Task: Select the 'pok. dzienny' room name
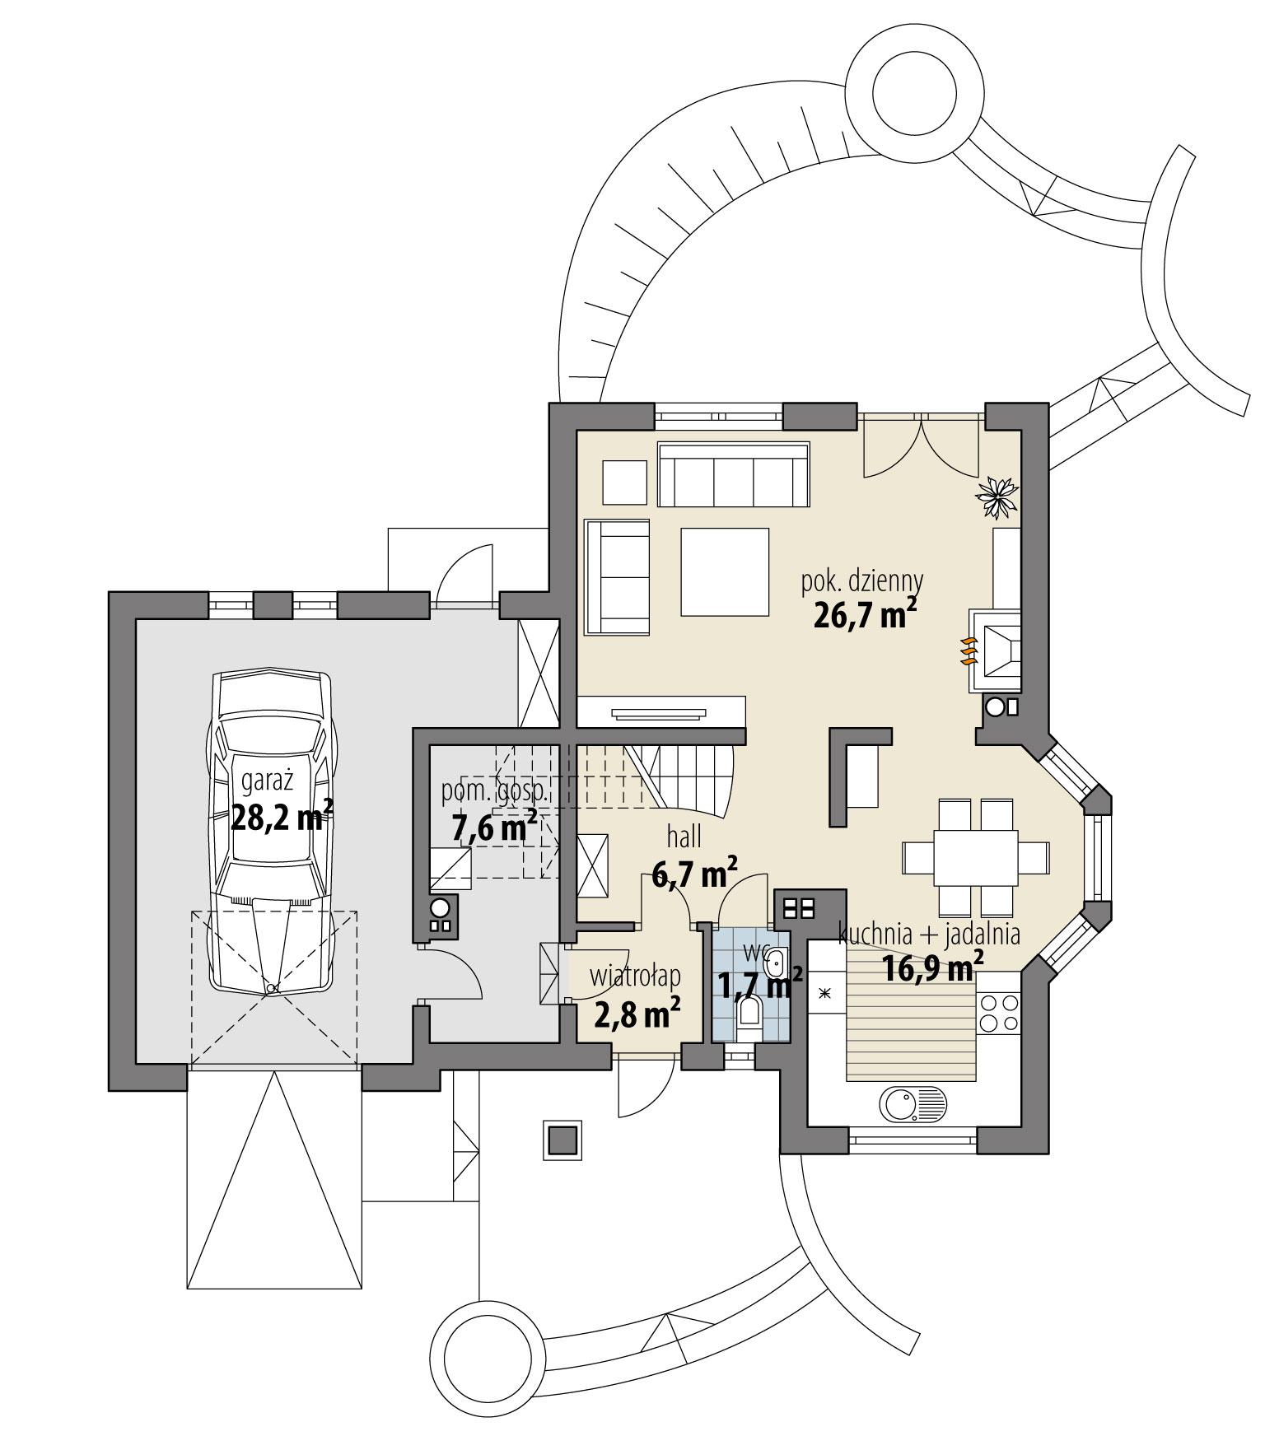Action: [x=862, y=580]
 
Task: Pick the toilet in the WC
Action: [x=749, y=1012]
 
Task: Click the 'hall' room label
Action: [x=684, y=837]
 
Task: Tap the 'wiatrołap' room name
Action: [x=635, y=977]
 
